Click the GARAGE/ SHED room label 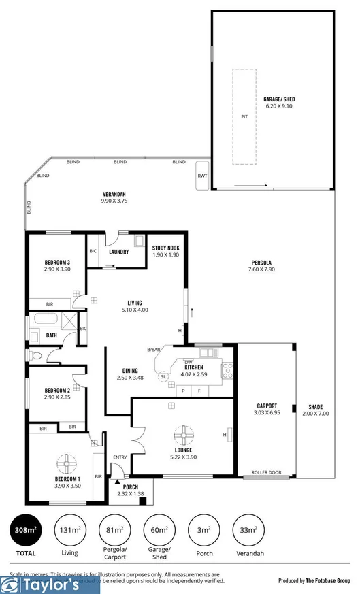click(279, 99)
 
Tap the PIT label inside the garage click(244, 116)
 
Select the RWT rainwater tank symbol click(202, 176)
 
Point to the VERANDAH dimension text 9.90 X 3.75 click(114, 201)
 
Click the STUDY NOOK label click(165, 248)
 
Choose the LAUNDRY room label click(118, 251)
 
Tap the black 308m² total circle click(25, 529)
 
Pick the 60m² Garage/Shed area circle click(159, 529)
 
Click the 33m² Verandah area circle click(248, 529)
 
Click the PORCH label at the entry click(129, 488)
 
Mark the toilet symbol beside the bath click(35, 355)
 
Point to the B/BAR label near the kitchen click(154, 350)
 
